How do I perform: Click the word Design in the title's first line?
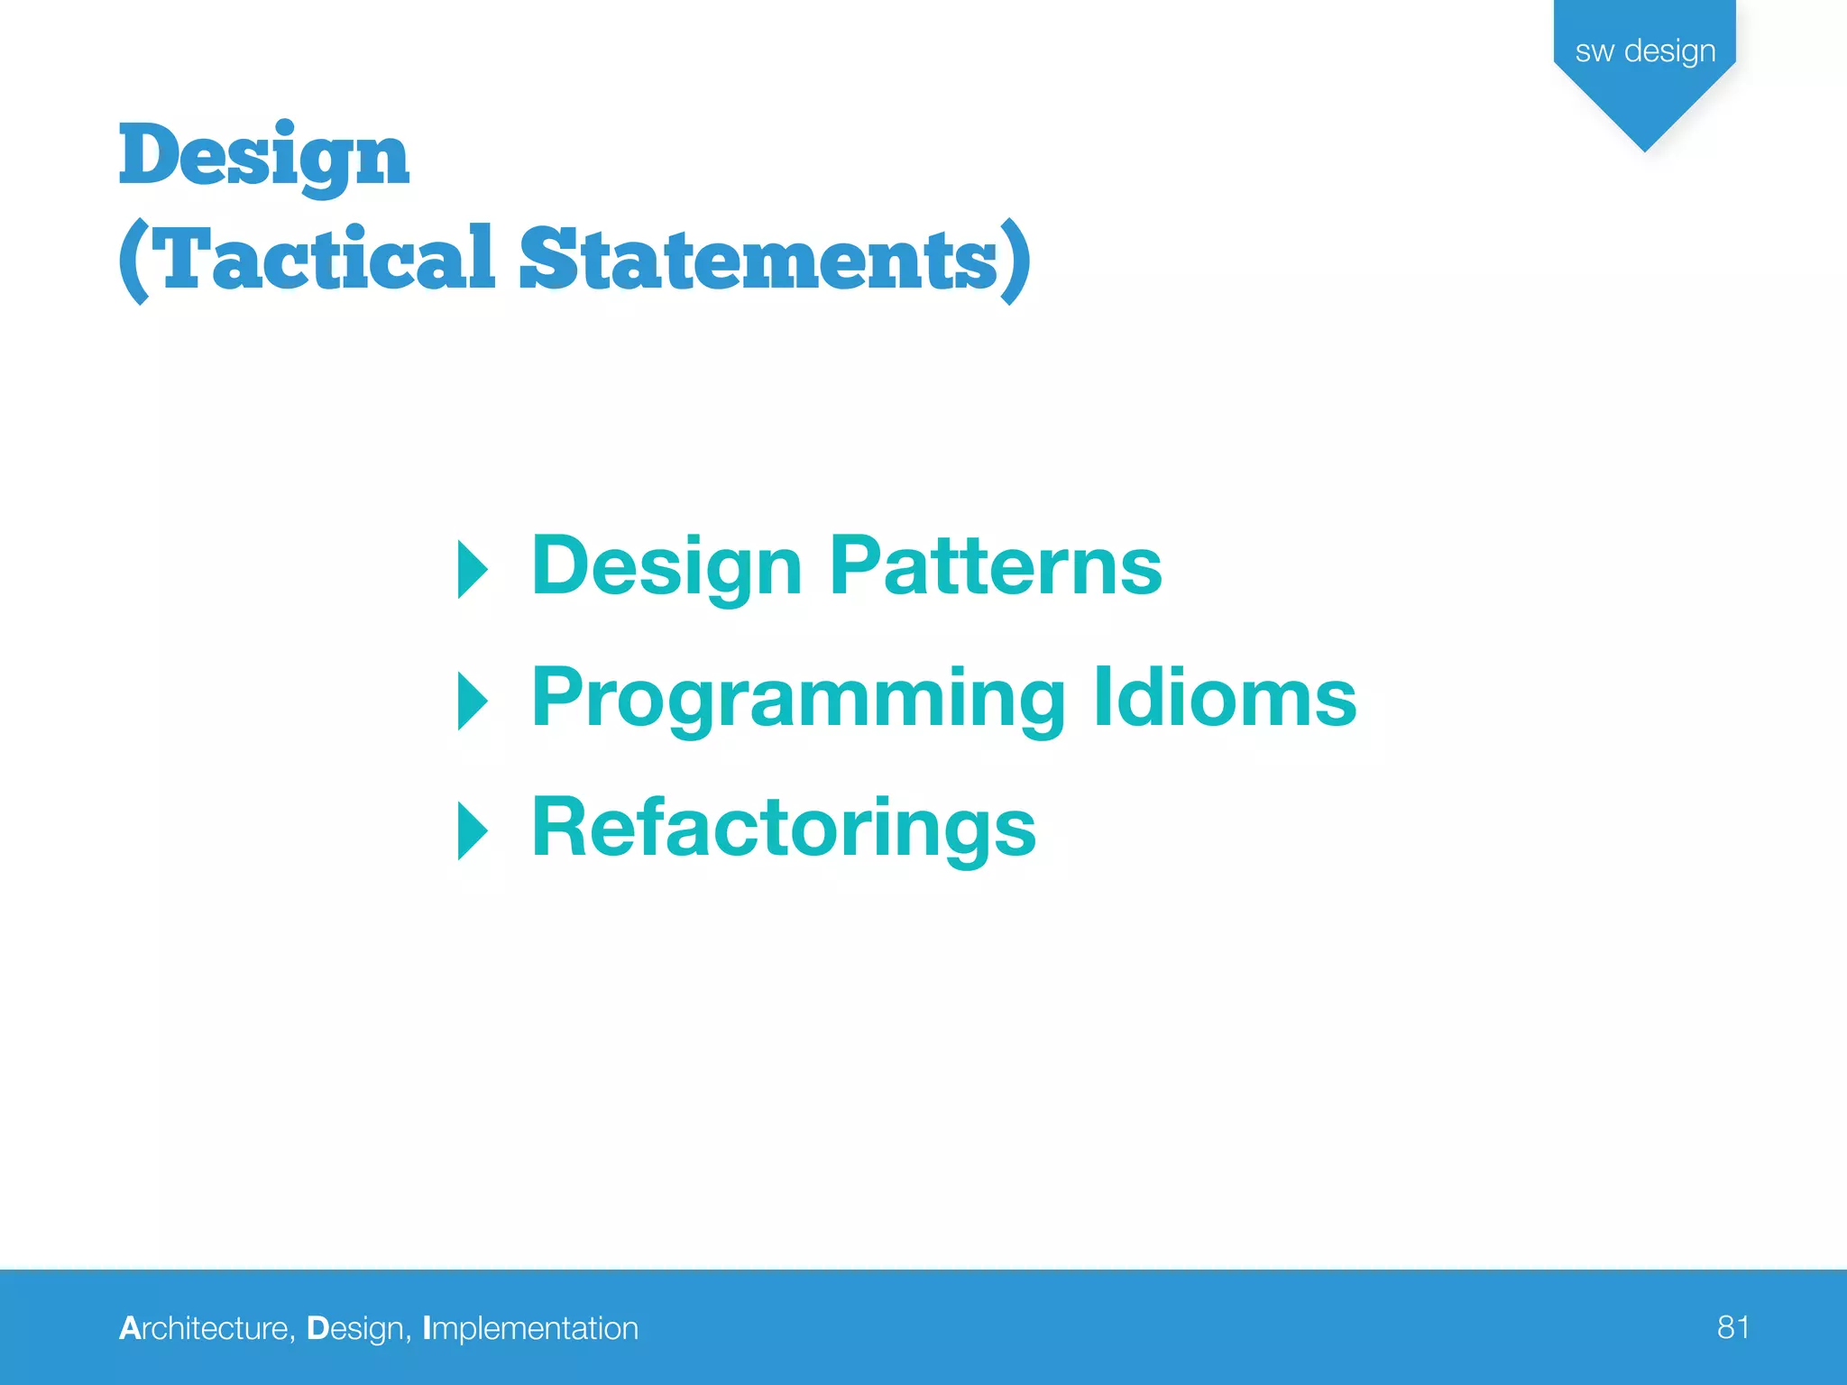[x=263, y=155]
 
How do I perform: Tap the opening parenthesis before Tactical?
[x=133, y=261]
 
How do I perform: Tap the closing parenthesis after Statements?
[x=1016, y=261]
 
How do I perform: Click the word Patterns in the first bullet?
[x=996, y=565]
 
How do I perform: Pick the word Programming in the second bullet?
[x=799, y=700]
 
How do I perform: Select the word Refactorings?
[x=784, y=830]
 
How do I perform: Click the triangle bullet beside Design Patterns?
[x=473, y=570]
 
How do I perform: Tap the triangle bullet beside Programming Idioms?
[x=473, y=701]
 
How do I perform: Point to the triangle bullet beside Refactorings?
[x=473, y=830]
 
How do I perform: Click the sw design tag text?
[x=1645, y=51]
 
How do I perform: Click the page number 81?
[x=1732, y=1327]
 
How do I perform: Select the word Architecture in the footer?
[x=205, y=1328]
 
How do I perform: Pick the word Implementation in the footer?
[x=530, y=1328]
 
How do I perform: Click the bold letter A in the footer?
[x=129, y=1328]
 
